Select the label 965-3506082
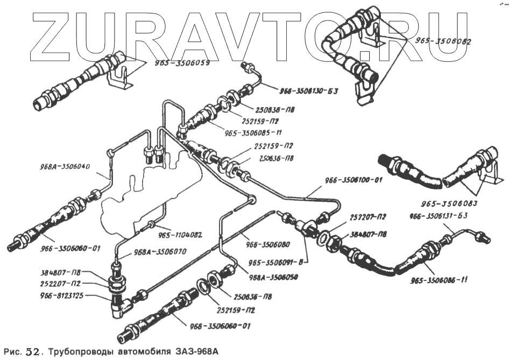click(x=443, y=40)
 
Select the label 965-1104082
click(x=180, y=235)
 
